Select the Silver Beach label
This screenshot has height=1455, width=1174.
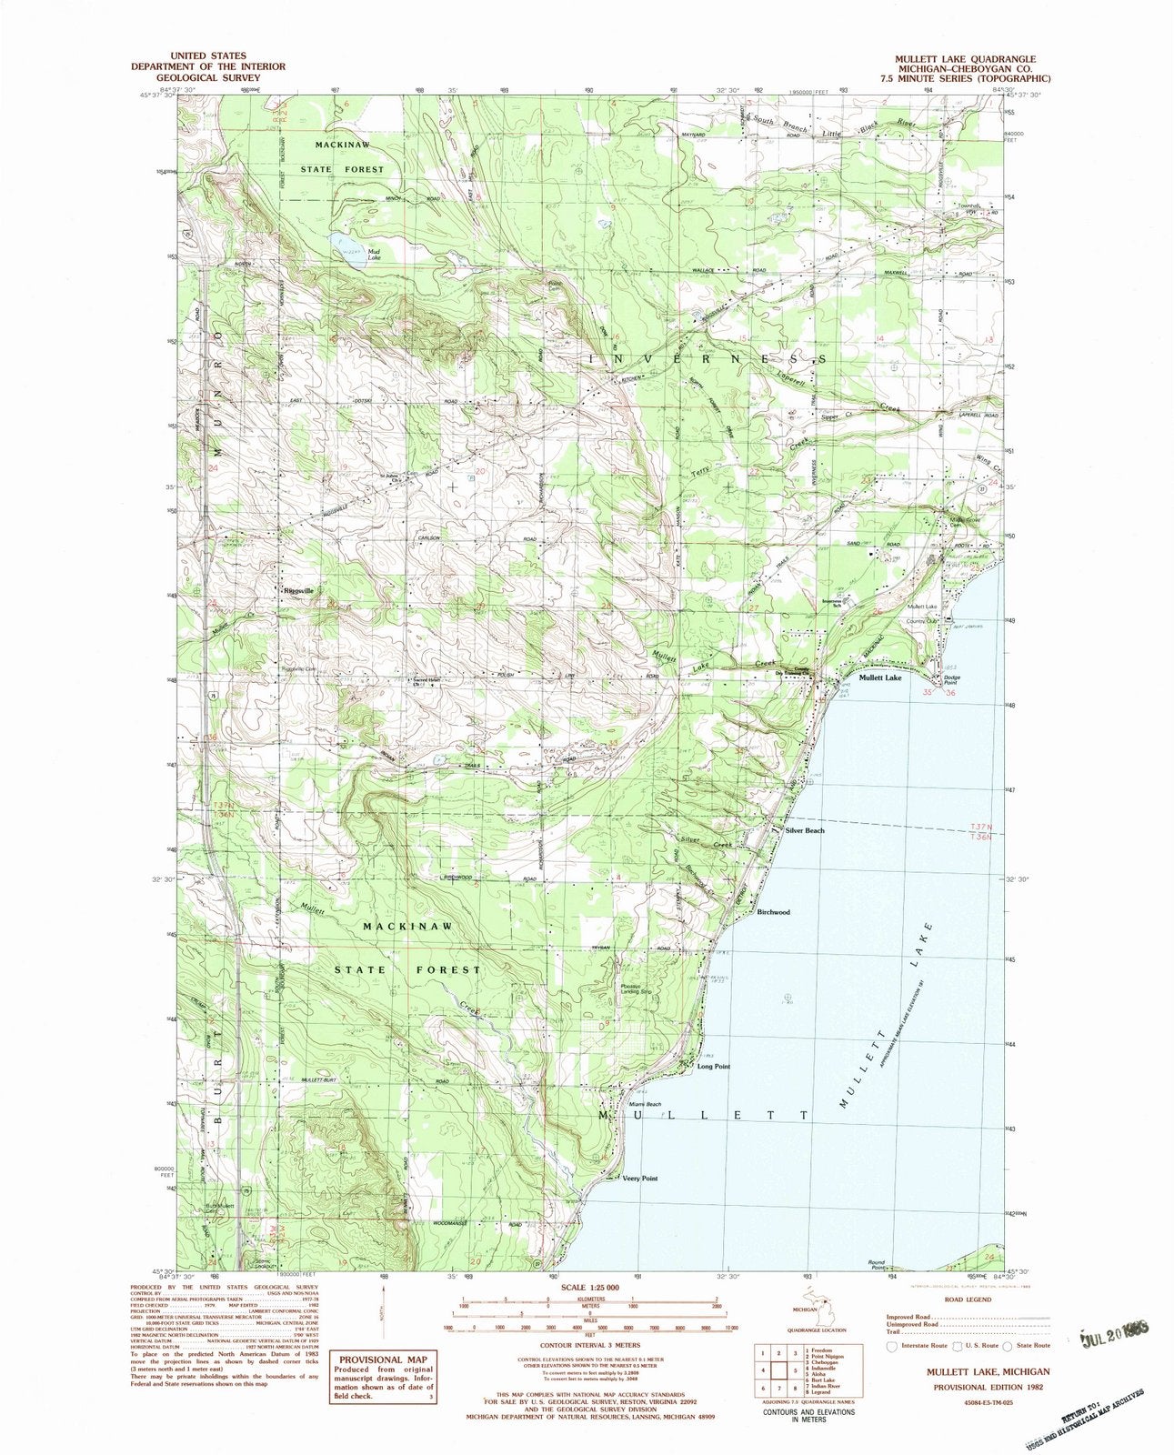(x=805, y=830)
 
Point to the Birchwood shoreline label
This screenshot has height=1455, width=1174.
(x=773, y=912)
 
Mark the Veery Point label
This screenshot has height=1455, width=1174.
(x=639, y=1178)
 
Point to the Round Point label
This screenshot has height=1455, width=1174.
(x=877, y=1264)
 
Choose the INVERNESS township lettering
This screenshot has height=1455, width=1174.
(x=708, y=359)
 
